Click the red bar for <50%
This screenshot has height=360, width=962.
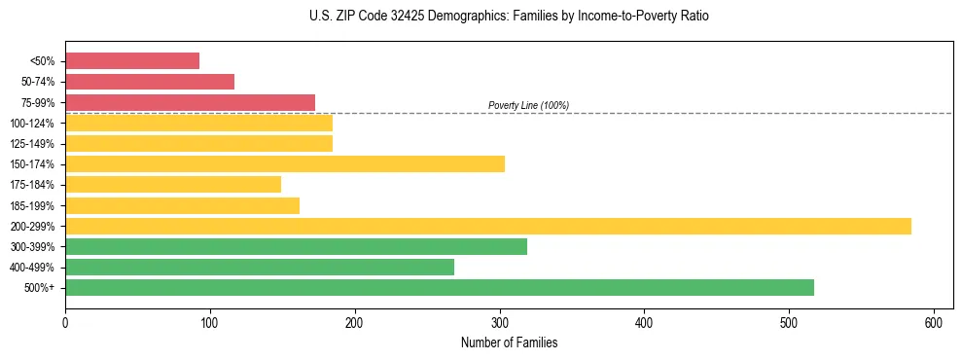click(x=132, y=61)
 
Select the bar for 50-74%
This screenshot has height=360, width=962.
click(x=150, y=82)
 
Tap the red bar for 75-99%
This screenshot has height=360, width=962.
click(x=190, y=102)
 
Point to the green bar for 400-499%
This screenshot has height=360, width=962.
click(x=260, y=267)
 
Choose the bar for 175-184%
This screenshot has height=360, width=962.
click(x=173, y=184)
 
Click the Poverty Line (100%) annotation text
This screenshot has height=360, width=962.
click(x=528, y=105)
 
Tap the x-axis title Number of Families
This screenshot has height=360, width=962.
click(x=510, y=343)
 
